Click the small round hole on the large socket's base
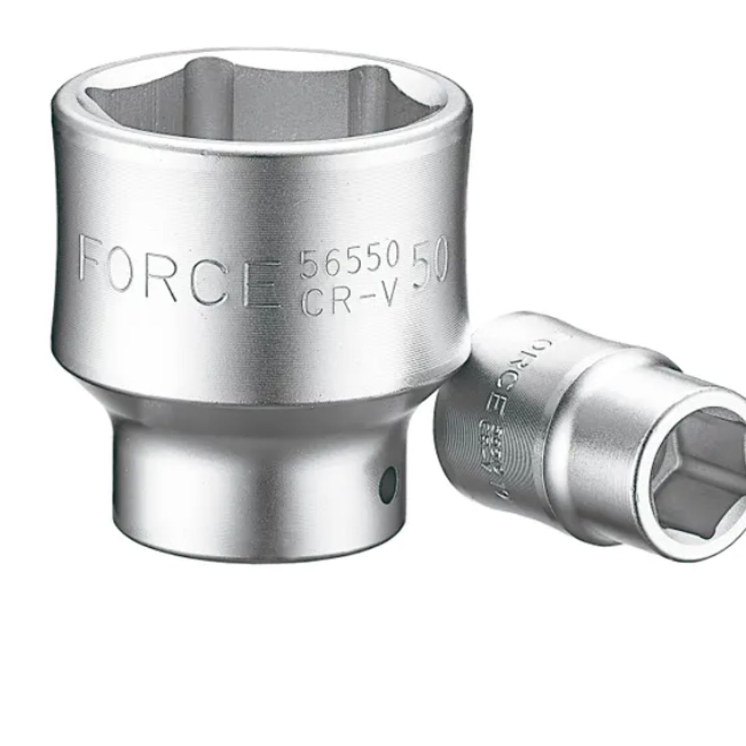coord(389,479)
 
